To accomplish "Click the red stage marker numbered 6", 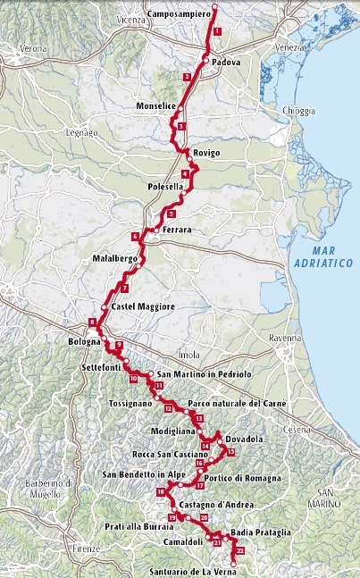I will (x=135, y=237).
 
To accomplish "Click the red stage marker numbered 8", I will (x=92, y=323).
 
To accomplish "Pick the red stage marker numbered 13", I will (x=199, y=418).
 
